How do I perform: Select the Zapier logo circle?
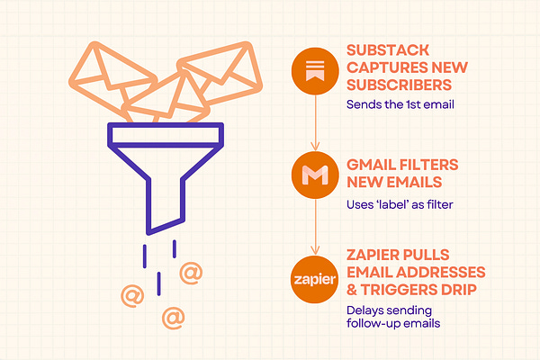pyautogui.click(x=316, y=280)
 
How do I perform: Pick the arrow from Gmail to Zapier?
pyautogui.click(x=316, y=229)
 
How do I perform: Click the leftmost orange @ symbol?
pyautogui.click(x=131, y=293)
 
